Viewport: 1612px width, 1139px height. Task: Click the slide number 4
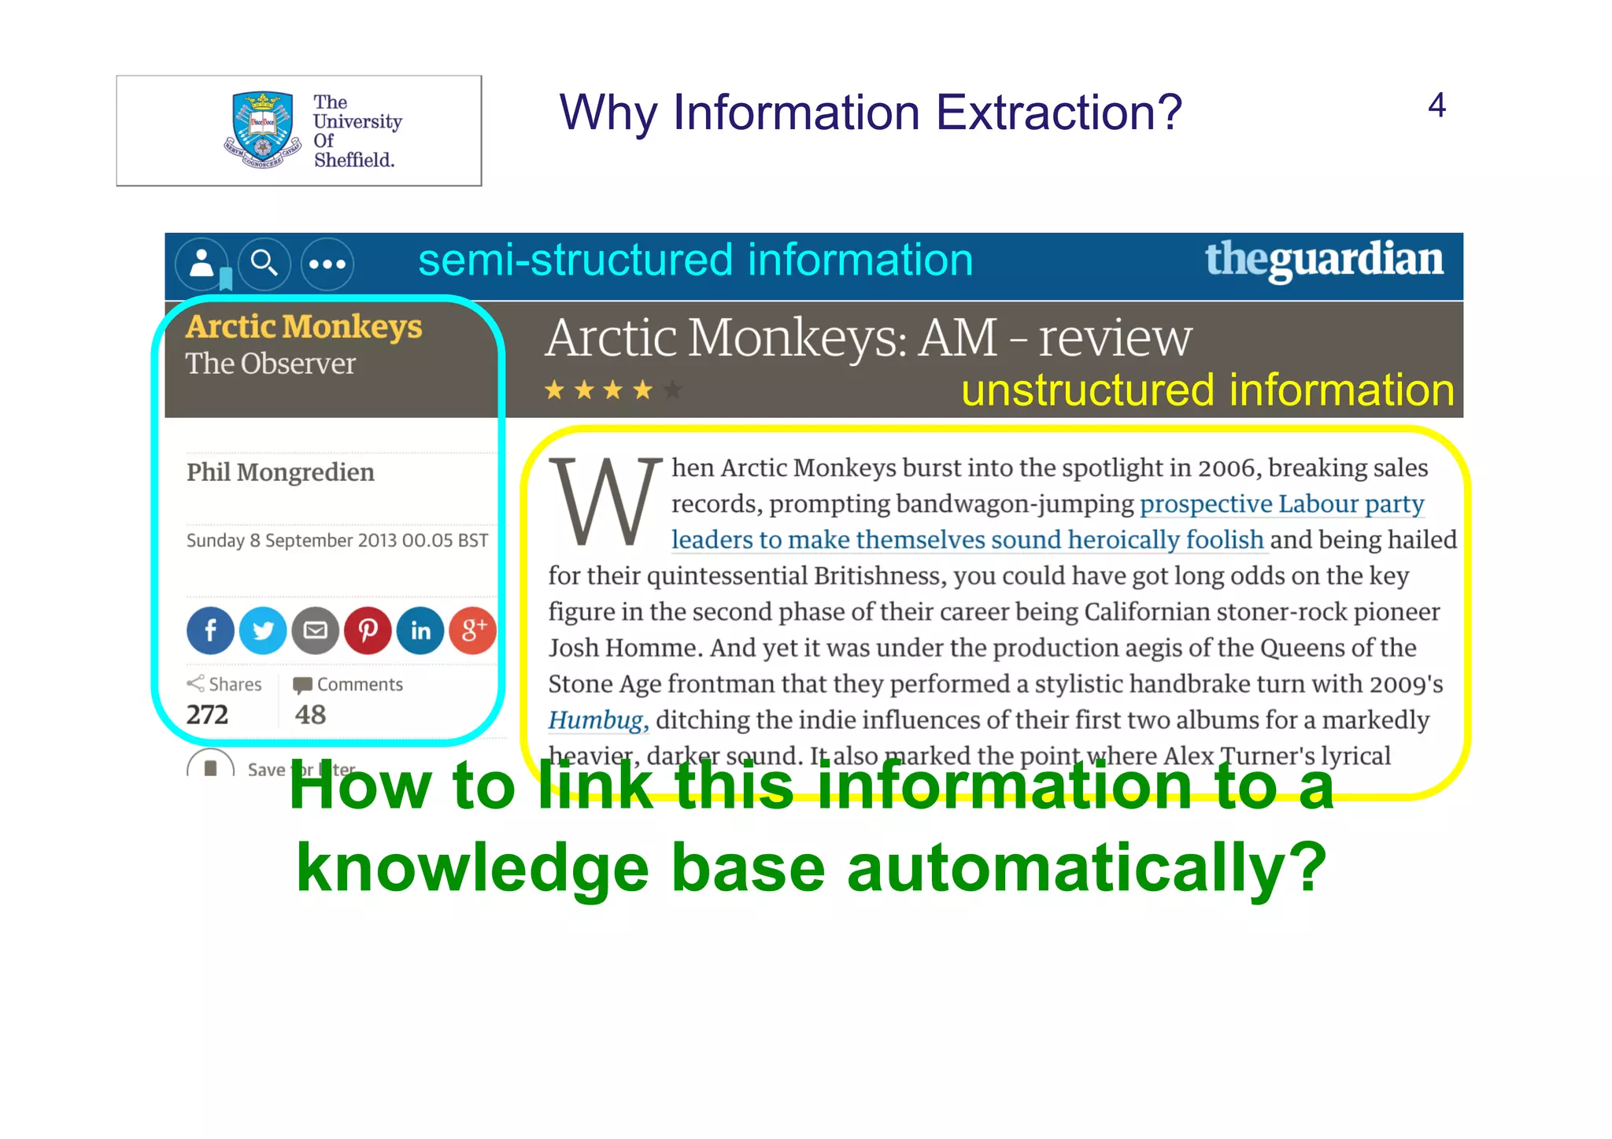tap(1436, 105)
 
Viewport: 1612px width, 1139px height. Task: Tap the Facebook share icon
tap(210, 631)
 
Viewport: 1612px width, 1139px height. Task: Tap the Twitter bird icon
tap(263, 631)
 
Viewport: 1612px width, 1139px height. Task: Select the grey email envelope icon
tap(316, 631)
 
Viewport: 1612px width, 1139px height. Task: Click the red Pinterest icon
tap(368, 631)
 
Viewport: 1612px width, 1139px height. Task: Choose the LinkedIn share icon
tap(420, 631)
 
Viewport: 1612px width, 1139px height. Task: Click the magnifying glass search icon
tap(264, 264)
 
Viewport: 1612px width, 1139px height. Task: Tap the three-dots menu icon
tap(327, 264)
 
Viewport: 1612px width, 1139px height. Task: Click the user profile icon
tap(202, 264)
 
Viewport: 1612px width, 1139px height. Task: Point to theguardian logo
tap(1324, 260)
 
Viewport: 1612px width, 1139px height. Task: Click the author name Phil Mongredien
tap(280, 472)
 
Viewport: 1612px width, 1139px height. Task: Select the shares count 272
tap(207, 715)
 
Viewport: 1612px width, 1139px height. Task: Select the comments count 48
tap(310, 715)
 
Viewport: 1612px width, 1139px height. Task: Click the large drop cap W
tap(604, 502)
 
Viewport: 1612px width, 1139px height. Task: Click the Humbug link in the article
tap(597, 720)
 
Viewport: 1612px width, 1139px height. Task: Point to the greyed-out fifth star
tap(673, 390)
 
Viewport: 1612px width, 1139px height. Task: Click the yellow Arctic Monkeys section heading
tap(304, 327)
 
